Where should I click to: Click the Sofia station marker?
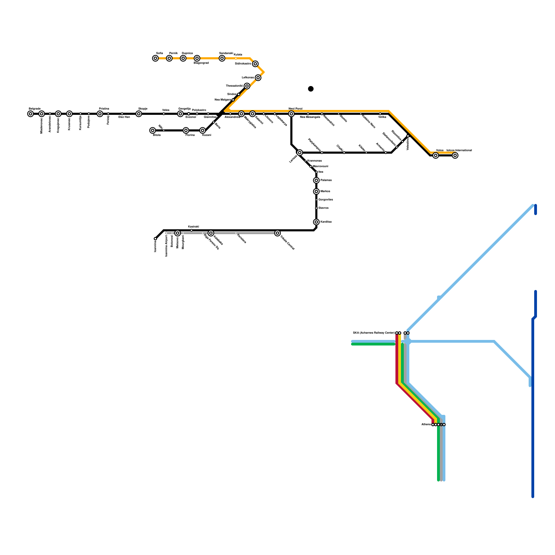point(155,58)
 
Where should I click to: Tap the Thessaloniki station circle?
point(247,86)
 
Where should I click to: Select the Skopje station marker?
point(139,114)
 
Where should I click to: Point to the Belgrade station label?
point(35,109)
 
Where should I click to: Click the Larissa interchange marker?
point(300,153)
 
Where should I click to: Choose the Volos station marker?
point(436,155)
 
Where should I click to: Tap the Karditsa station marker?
point(316,222)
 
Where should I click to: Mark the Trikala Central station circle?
point(277,233)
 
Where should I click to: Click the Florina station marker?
point(186,130)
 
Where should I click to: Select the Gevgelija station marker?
point(180,114)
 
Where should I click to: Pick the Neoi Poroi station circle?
point(291,114)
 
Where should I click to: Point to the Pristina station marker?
point(100,114)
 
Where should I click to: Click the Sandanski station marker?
point(222,58)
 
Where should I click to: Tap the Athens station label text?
point(426,425)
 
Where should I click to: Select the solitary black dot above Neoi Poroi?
point(311,89)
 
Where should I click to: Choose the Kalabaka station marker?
point(211,233)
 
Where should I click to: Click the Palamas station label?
point(326,180)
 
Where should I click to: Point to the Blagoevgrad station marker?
point(197,58)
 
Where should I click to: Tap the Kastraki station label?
point(194,227)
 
